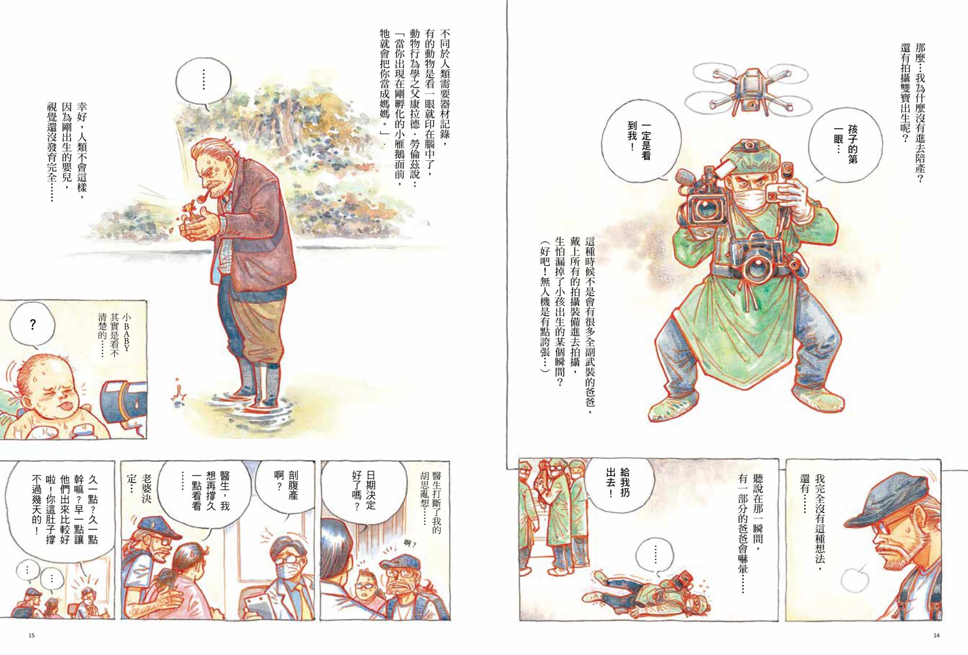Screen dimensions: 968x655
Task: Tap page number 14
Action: [x=936, y=635]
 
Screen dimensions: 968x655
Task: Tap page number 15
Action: [x=32, y=635]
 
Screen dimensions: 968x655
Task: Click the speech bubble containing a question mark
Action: [x=32, y=324]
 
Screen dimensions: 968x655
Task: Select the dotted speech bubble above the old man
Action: [x=203, y=82]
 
